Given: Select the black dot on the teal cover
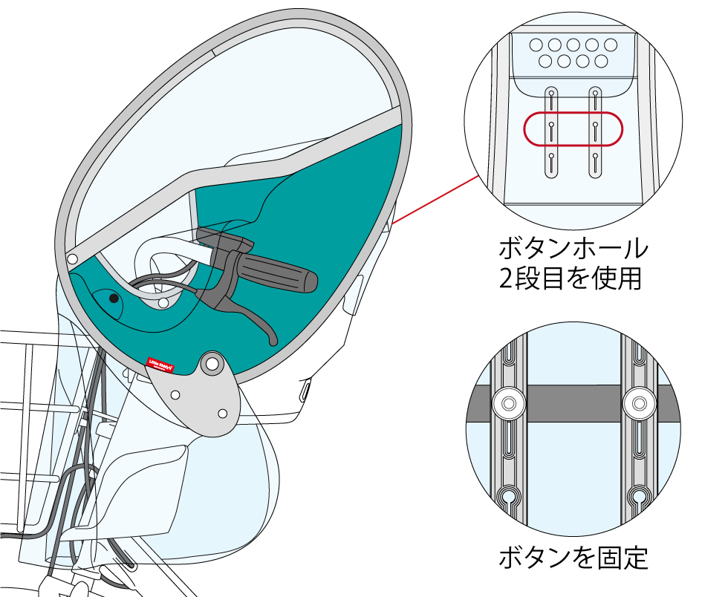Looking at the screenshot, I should [x=114, y=298].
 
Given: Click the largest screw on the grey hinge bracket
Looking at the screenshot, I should [x=212, y=364].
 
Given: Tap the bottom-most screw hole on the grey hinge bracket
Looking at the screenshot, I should [x=222, y=413].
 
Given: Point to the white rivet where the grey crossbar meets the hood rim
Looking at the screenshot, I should [x=72, y=258].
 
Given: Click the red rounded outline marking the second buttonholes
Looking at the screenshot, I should [x=572, y=128].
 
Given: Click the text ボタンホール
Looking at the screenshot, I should [x=572, y=248].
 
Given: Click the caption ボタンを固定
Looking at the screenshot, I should [x=572, y=557].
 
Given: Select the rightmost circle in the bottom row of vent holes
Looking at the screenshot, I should [x=602, y=61].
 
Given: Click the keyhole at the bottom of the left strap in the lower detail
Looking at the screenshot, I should [x=509, y=495].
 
